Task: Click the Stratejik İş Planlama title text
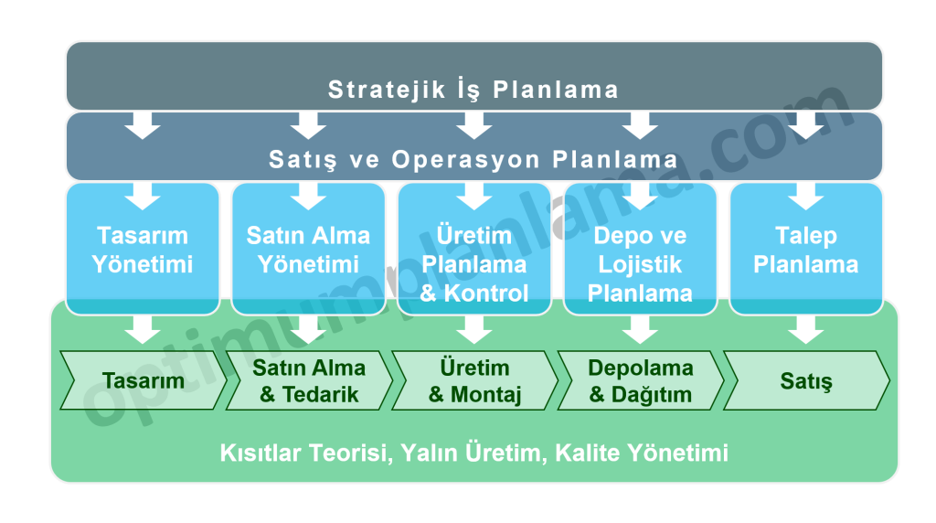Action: click(473, 90)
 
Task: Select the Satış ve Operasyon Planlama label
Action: click(473, 159)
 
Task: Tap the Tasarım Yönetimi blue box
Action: click(143, 249)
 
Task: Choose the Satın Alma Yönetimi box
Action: click(308, 249)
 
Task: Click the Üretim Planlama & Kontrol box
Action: click(474, 249)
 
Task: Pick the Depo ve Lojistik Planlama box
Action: click(640, 249)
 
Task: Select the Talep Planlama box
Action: click(806, 249)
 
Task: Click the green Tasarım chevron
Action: click(144, 380)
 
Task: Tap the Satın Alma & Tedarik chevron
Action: click(309, 380)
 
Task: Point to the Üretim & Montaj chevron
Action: click(475, 380)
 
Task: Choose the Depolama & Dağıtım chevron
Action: click(641, 380)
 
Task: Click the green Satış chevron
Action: click(806, 380)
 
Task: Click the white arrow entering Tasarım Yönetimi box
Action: click(143, 197)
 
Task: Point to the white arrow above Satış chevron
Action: click(806, 329)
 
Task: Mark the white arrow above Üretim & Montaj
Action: click(474, 329)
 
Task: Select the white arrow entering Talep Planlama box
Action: click(806, 197)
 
